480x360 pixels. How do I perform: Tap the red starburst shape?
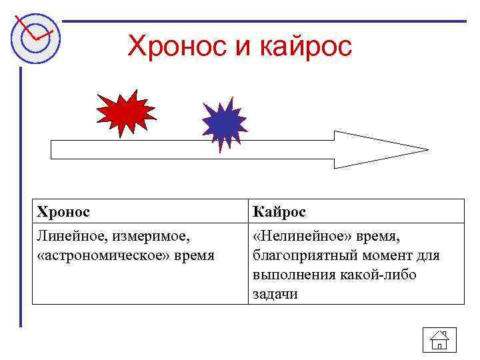pyautogui.click(x=125, y=113)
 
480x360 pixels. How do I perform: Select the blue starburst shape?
pyautogui.click(x=224, y=123)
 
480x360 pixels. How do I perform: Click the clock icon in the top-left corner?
pyautogui.click(x=35, y=35)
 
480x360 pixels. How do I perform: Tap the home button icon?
pyautogui.click(x=439, y=340)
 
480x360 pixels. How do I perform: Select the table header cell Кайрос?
pyautogui.click(x=279, y=212)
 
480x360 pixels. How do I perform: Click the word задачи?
pyautogui.click(x=275, y=294)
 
